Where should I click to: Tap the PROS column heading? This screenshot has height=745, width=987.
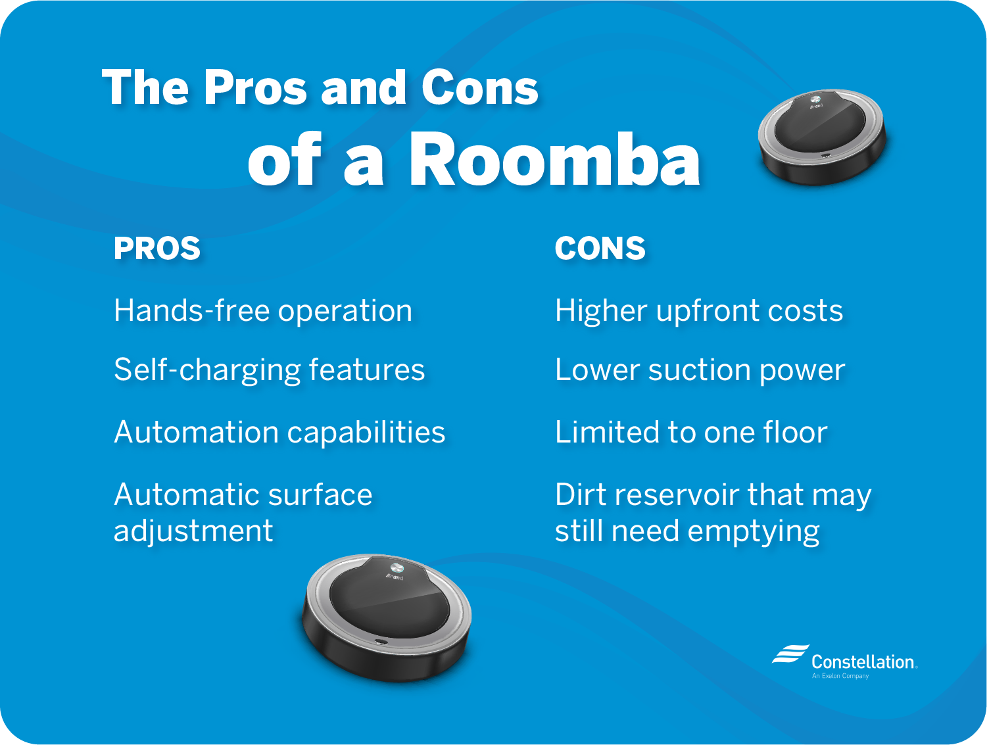pyautogui.click(x=157, y=249)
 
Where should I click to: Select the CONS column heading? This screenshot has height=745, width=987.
pyautogui.click(x=600, y=249)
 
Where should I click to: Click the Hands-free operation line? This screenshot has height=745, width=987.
pyautogui.click(x=263, y=310)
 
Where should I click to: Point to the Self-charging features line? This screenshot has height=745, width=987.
pyautogui.click(x=269, y=370)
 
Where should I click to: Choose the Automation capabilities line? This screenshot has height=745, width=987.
pyautogui.click(x=279, y=432)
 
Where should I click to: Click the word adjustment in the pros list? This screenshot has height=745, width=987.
pyautogui.click(x=193, y=531)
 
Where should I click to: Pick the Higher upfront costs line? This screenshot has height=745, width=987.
pyautogui.click(x=698, y=310)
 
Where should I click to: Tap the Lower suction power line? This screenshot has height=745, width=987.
pyautogui.click(x=700, y=370)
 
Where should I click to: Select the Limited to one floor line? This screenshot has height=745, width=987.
pyautogui.click(x=690, y=432)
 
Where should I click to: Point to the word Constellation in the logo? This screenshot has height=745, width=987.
pyautogui.click(x=863, y=661)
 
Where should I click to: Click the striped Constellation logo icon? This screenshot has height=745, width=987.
pyautogui.click(x=790, y=654)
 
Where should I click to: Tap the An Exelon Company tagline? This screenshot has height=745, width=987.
pyautogui.click(x=840, y=676)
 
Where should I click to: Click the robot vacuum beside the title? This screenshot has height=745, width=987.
pyautogui.click(x=822, y=136)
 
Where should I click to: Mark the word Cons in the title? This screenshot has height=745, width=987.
pyautogui.click(x=479, y=87)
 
